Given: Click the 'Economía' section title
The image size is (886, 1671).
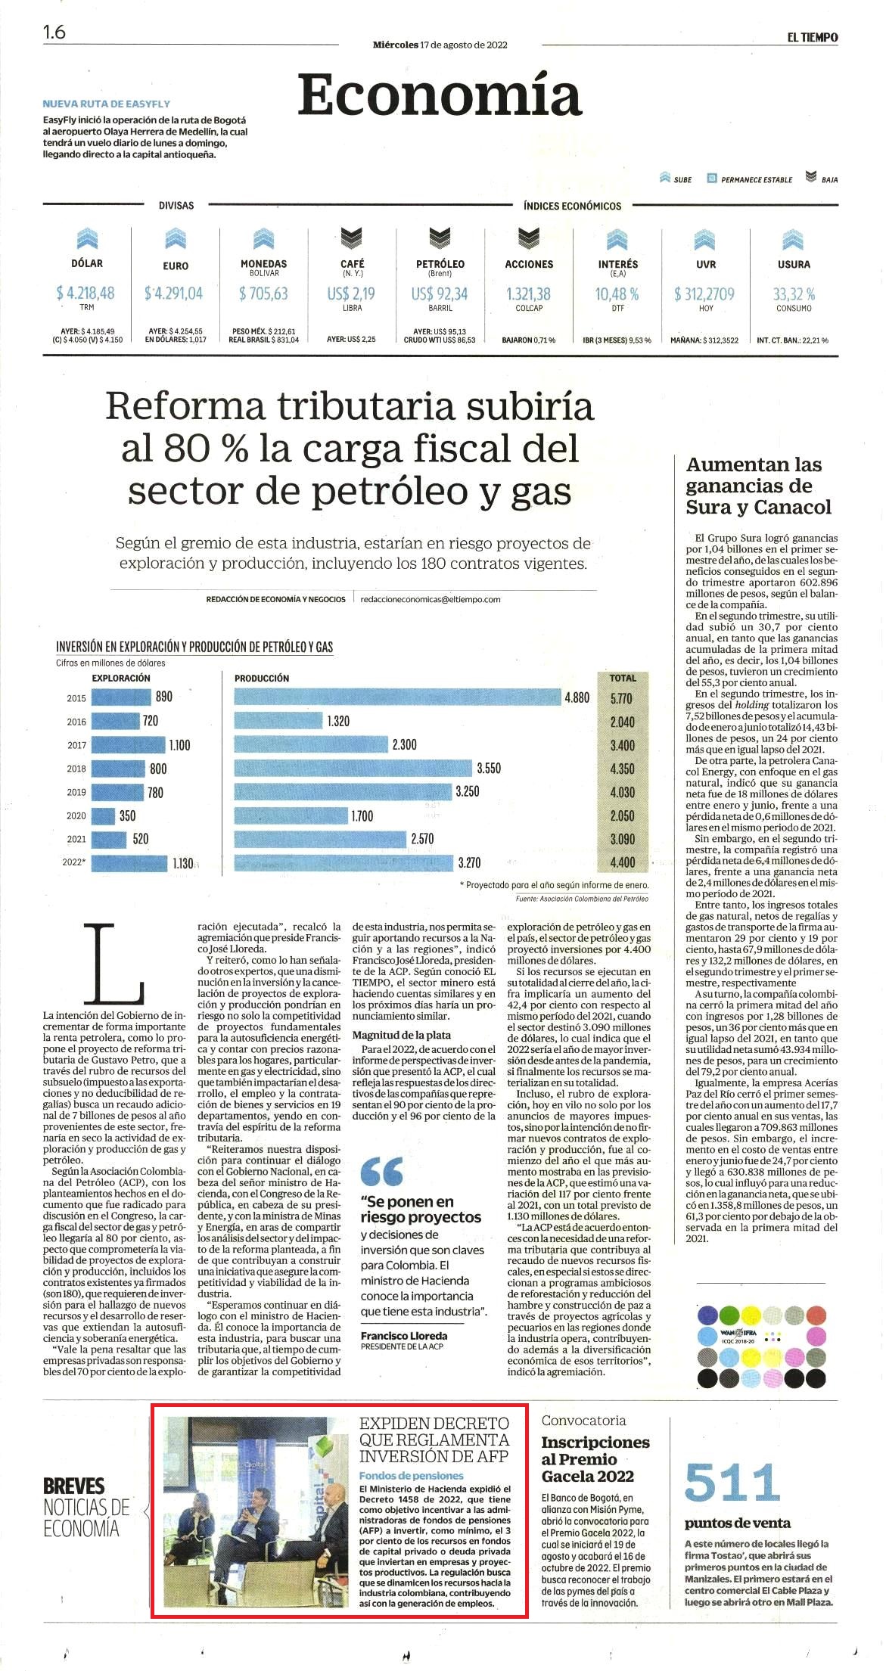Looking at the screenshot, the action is pos(440,95).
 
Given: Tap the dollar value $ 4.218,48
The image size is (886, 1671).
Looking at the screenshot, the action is pos(85,293).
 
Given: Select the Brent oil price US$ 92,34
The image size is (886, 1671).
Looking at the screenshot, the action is pos(440,294).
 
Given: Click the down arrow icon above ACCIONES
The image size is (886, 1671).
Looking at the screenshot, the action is pos(529,240).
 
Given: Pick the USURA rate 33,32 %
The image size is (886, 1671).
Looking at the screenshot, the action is pos(794,294).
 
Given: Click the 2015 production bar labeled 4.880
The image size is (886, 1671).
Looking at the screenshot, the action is pos(397,697).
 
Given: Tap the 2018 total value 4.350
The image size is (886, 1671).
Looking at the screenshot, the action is pos(623,769).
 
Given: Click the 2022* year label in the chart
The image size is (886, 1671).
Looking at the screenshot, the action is pos(74,862).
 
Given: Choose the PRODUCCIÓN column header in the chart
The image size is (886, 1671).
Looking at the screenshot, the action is pos(262,678).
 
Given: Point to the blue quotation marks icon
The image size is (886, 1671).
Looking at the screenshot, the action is pos(382,1172).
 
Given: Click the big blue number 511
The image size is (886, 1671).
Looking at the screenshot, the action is pos(732,1483).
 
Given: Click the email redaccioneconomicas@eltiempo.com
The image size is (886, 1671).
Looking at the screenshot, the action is pos(431,599).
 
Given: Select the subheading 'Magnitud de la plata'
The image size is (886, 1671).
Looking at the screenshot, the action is pos(402,1035).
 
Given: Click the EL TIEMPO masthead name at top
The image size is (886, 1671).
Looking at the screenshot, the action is pos(812,37).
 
